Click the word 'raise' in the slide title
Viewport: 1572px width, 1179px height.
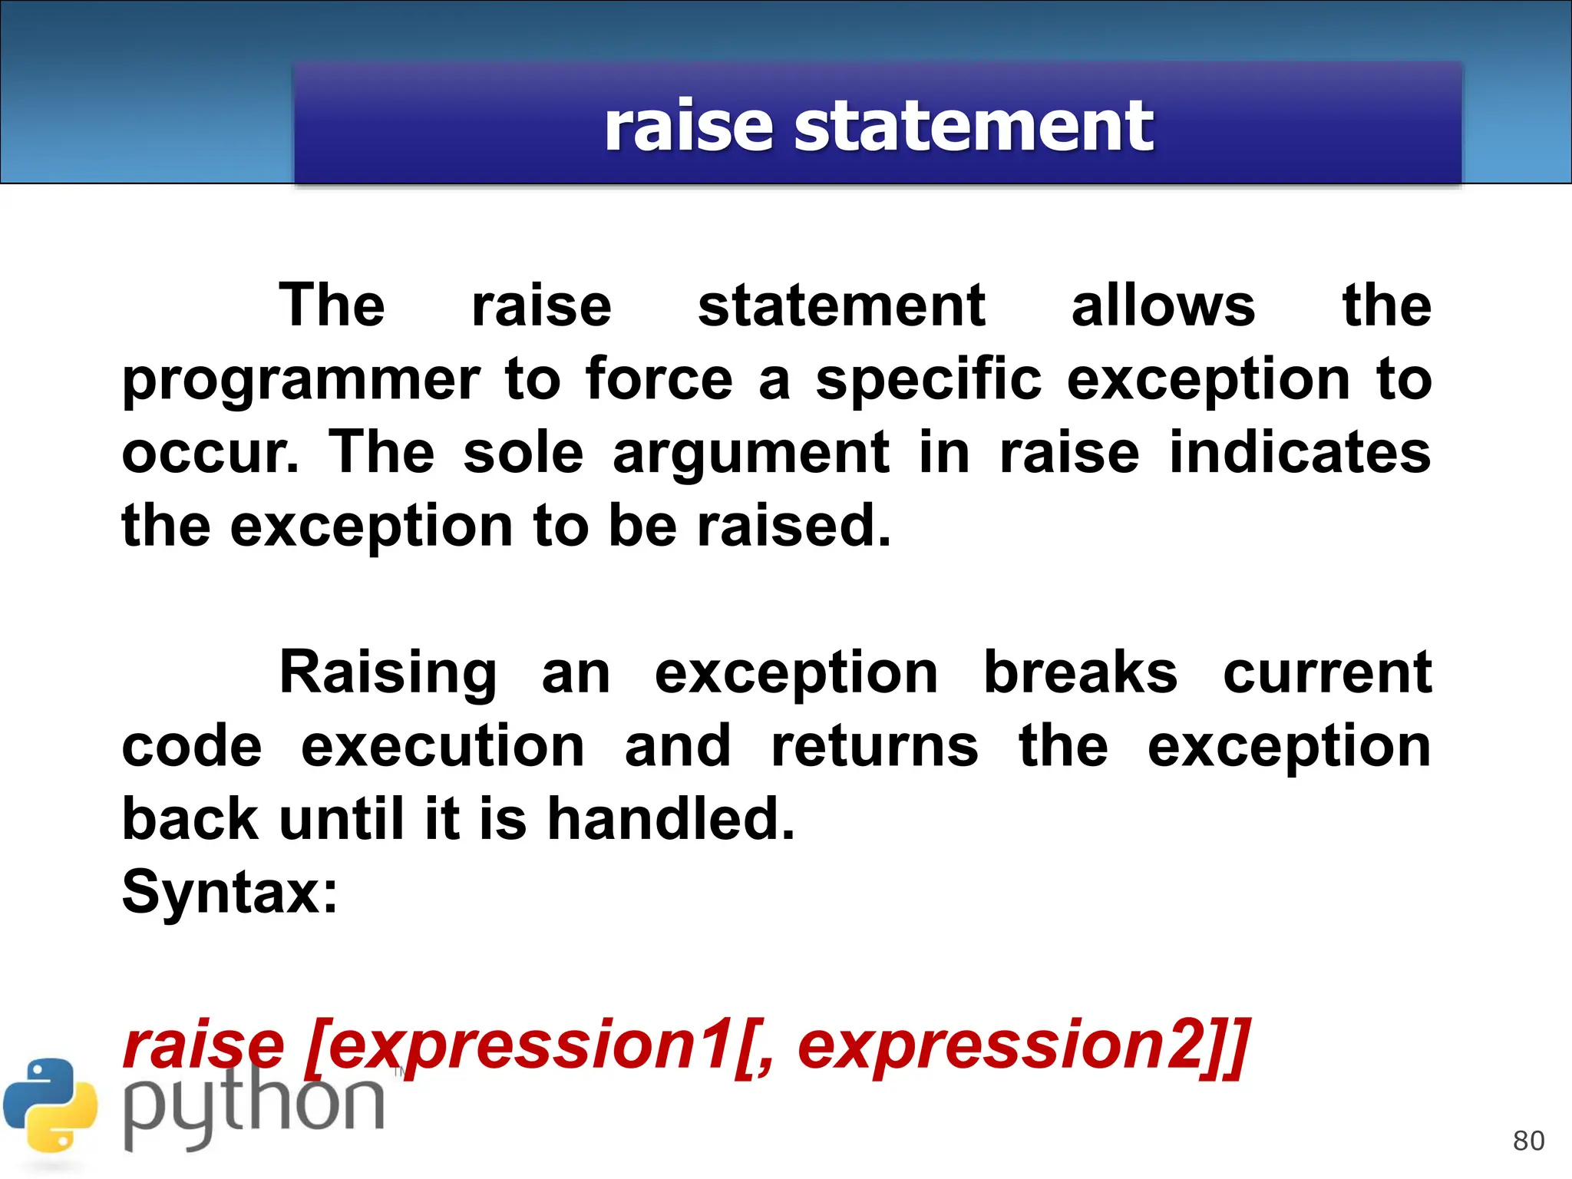click(688, 127)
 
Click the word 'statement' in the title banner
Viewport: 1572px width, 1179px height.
click(973, 127)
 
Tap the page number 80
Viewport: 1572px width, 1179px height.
click(1528, 1141)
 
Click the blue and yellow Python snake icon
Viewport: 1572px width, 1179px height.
click(51, 1105)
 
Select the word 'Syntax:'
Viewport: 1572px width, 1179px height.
click(230, 892)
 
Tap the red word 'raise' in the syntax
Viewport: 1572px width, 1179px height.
click(203, 1045)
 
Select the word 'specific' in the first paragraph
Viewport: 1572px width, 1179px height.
click(928, 380)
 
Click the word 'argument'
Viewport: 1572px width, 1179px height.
click(751, 453)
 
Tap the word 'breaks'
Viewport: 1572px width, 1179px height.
click(1080, 672)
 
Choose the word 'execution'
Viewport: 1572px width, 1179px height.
click(443, 746)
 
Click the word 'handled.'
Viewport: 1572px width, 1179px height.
click(671, 818)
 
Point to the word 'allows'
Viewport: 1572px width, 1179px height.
click(1163, 305)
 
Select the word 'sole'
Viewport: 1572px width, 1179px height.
click(523, 453)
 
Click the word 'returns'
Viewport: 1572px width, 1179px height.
click(874, 746)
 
